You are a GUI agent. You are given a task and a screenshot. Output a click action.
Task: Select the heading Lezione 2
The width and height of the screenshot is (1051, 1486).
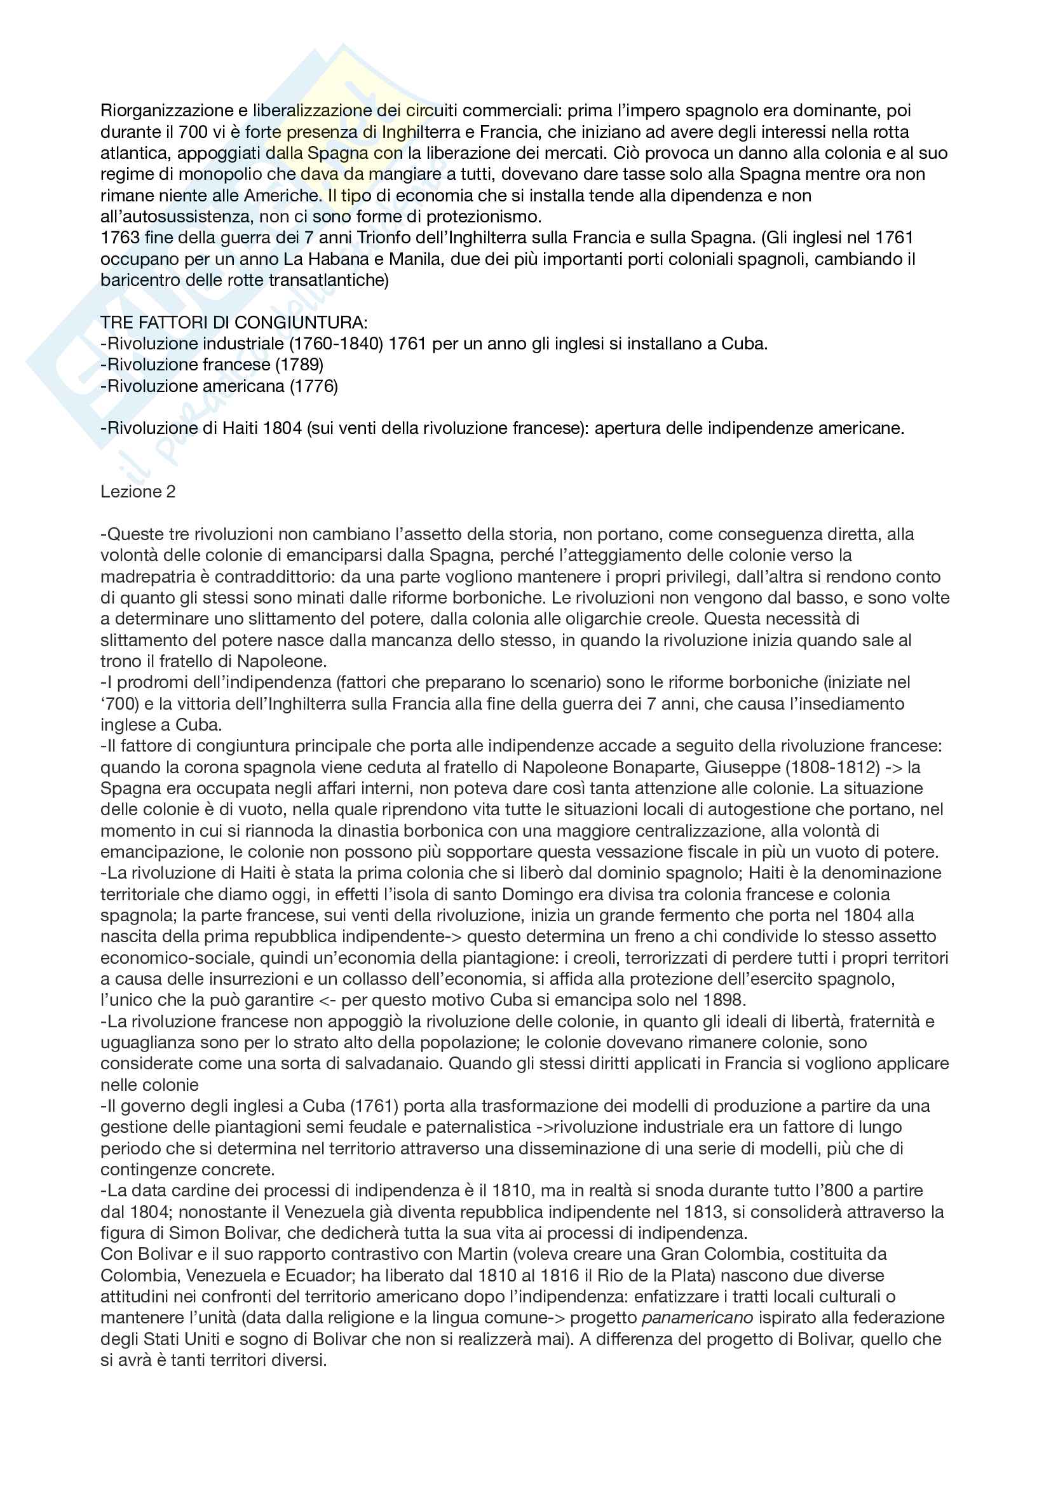[138, 492]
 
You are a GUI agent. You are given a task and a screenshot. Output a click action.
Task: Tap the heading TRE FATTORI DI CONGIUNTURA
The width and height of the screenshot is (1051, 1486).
[234, 322]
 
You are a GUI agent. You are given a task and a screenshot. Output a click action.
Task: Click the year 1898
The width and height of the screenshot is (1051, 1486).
[722, 1000]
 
